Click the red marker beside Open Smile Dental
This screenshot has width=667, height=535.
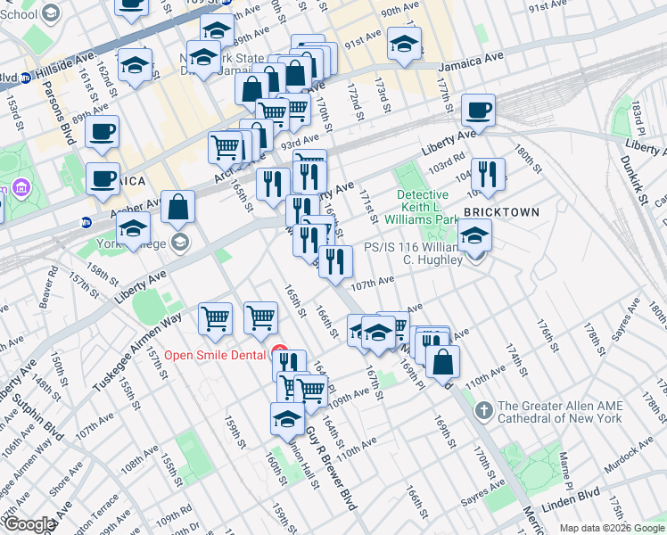279,353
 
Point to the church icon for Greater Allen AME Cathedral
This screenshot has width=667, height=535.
484,410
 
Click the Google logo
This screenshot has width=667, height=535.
29,524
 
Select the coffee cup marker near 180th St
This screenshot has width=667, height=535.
478,111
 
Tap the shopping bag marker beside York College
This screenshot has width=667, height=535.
178,208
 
